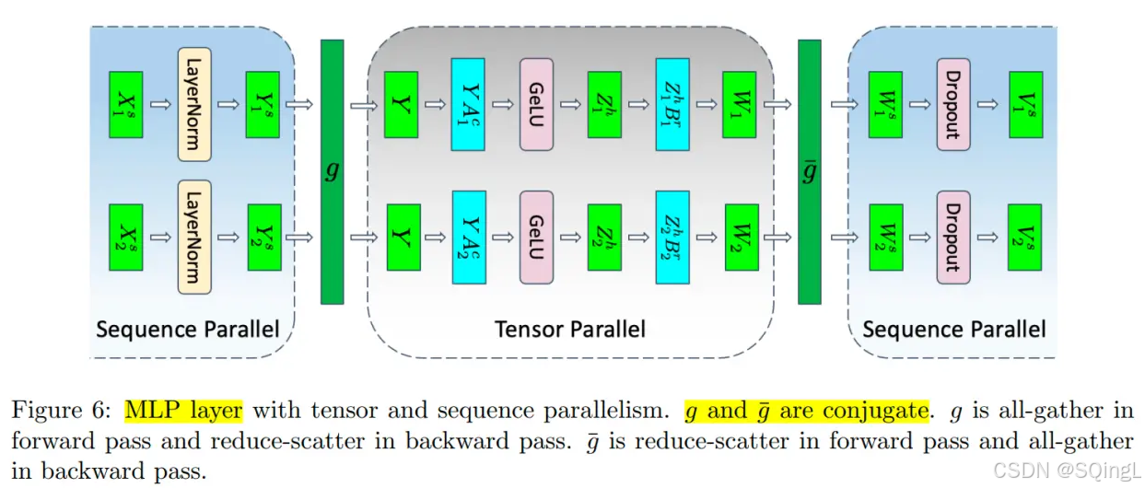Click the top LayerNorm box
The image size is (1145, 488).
tap(194, 104)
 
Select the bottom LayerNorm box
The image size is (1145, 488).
tap(194, 237)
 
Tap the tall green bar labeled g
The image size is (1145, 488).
tap(332, 172)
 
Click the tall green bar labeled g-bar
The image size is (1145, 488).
tap(809, 172)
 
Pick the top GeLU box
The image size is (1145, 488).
tap(536, 104)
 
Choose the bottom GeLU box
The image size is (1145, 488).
tap(536, 237)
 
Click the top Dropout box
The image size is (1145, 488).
tap(952, 104)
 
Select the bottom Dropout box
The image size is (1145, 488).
tap(952, 237)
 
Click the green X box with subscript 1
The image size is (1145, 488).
tap(126, 104)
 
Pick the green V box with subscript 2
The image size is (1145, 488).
tap(1024, 237)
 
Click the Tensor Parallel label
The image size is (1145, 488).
tap(570, 329)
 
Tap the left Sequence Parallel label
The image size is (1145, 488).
tap(187, 329)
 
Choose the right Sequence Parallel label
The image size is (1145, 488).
tap(953, 329)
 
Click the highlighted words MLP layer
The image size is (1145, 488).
tap(183, 410)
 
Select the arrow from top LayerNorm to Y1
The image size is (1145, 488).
tap(228, 104)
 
